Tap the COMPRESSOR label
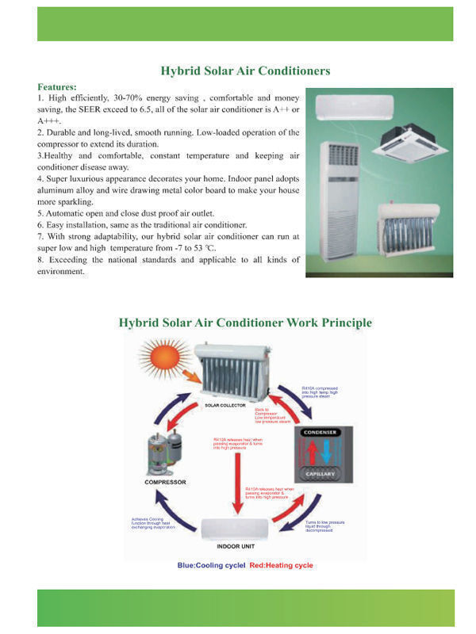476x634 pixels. pyautogui.click(x=165, y=482)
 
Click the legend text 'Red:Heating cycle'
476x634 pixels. pyautogui.click(x=282, y=565)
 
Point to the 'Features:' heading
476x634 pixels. pyautogui.click(x=57, y=86)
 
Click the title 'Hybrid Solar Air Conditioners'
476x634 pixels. pyautogui.click(x=245, y=71)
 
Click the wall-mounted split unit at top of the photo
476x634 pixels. pyautogui.click(x=354, y=106)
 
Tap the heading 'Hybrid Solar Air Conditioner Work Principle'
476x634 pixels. pyautogui.click(x=245, y=323)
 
